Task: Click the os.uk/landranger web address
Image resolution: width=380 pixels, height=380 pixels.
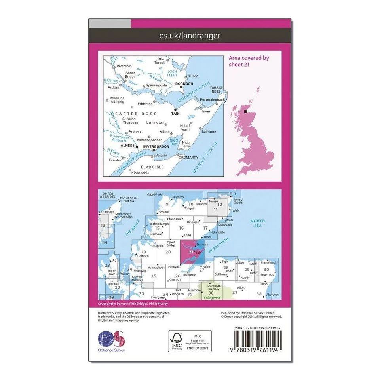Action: coord(190,36)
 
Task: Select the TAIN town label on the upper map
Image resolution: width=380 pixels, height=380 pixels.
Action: coord(175,114)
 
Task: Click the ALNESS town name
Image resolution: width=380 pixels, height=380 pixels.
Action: coord(127,146)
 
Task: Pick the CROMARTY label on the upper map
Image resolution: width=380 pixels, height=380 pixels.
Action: coord(188,157)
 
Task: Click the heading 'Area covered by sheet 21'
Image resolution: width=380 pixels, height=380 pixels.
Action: coord(249,61)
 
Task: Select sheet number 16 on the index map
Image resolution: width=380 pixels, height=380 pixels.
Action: coord(181,228)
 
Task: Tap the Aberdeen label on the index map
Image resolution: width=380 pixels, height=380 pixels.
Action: coord(273,294)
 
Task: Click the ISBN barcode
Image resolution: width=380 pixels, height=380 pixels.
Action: coord(258,339)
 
